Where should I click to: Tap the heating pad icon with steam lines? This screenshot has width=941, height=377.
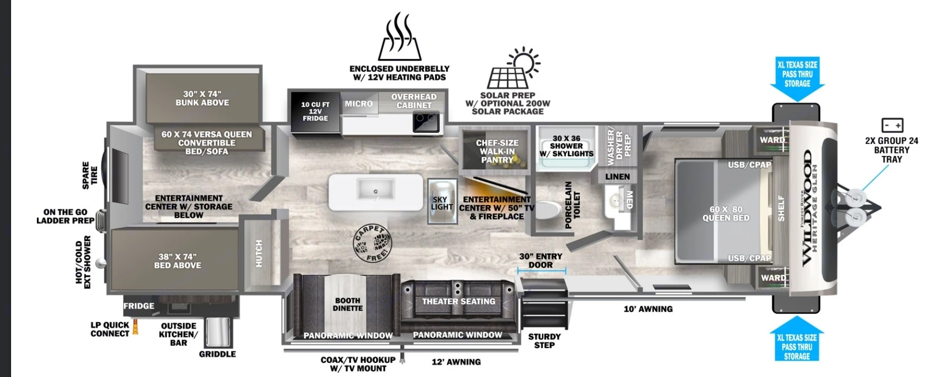click(399, 37)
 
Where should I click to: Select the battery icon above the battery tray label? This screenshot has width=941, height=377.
click(892, 125)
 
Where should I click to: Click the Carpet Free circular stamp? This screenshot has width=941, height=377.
click(373, 244)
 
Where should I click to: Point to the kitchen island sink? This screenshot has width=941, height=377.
click(375, 189)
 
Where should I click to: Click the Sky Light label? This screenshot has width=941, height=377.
click(442, 203)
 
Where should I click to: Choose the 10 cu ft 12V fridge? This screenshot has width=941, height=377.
click(315, 112)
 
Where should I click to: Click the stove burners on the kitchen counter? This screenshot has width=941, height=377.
click(426, 122)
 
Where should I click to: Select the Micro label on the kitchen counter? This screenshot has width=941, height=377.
click(358, 104)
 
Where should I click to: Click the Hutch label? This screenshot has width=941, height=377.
click(259, 253)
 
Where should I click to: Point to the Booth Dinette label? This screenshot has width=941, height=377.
click(348, 304)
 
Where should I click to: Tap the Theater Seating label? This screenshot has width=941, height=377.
click(458, 302)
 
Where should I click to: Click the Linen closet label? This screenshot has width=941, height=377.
click(617, 177)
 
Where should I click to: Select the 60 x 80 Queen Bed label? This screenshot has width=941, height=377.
click(726, 214)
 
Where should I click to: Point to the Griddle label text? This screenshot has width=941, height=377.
click(217, 354)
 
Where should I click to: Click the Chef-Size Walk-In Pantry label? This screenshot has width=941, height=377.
click(497, 151)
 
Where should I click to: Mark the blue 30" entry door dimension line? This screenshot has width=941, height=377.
click(542, 271)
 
